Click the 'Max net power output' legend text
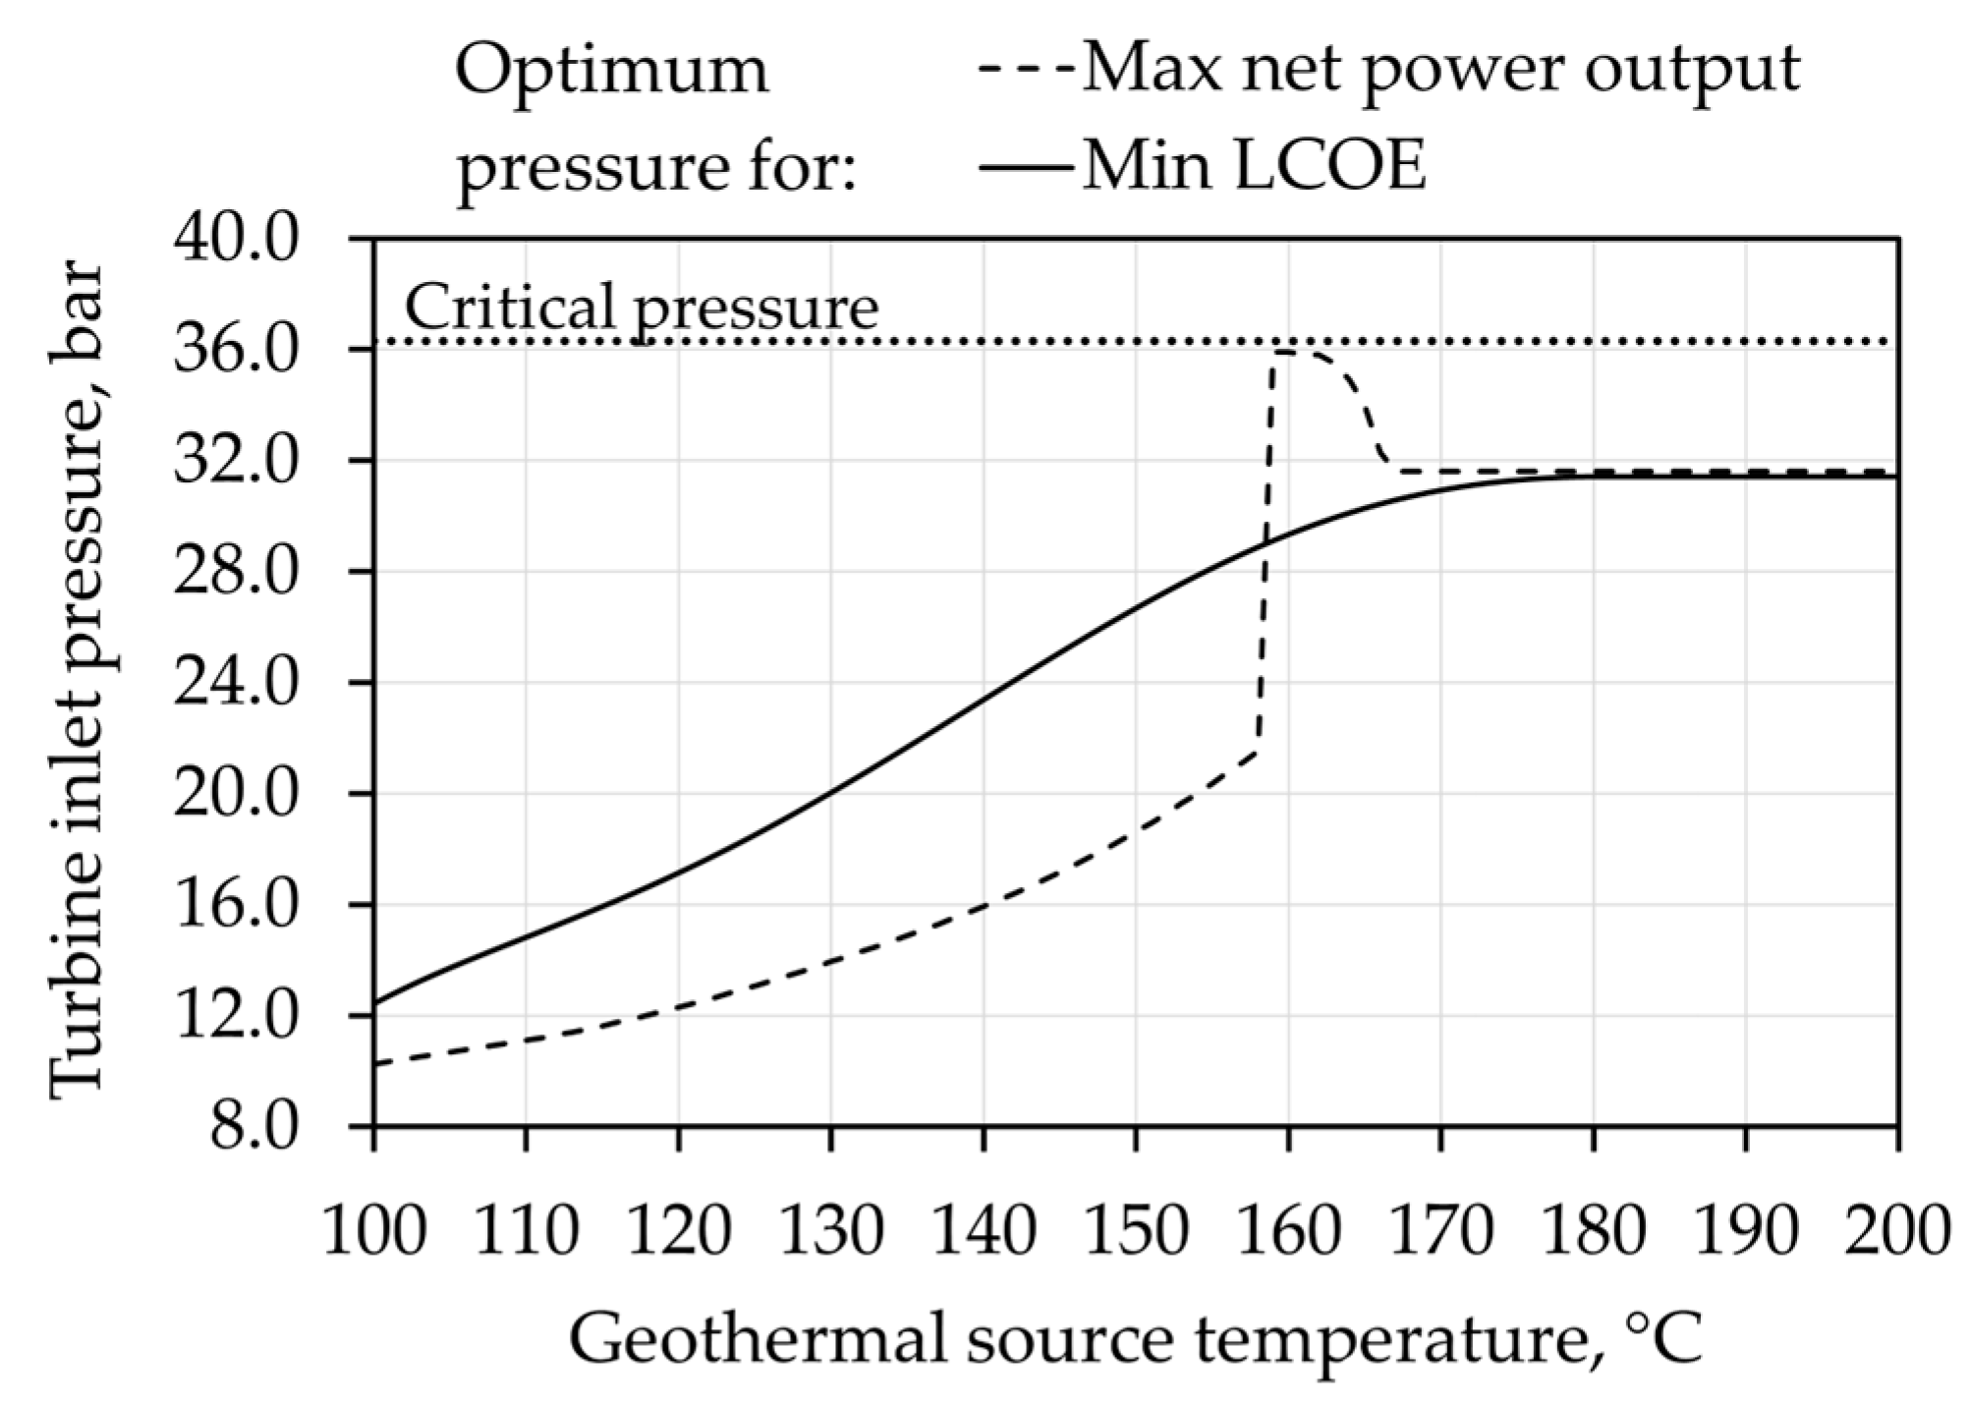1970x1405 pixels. (x=1440, y=71)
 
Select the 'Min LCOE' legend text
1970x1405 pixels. (x=1254, y=166)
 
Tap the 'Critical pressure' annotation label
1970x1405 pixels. (x=642, y=307)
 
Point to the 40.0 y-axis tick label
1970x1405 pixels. (x=235, y=240)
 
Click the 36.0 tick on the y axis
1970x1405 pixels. (x=235, y=351)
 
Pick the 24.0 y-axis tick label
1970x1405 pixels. (x=235, y=684)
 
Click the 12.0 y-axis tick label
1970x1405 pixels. (x=235, y=1017)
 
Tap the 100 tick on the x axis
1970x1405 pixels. (x=374, y=1231)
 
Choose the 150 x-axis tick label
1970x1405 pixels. (x=1136, y=1231)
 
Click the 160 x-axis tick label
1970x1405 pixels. (x=1288, y=1231)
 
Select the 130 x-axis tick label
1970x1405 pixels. (x=831, y=1231)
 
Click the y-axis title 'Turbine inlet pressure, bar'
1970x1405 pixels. (x=77, y=678)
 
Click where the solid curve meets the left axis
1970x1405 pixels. (x=375, y=1003)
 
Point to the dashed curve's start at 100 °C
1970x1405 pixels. (x=375, y=1063)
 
